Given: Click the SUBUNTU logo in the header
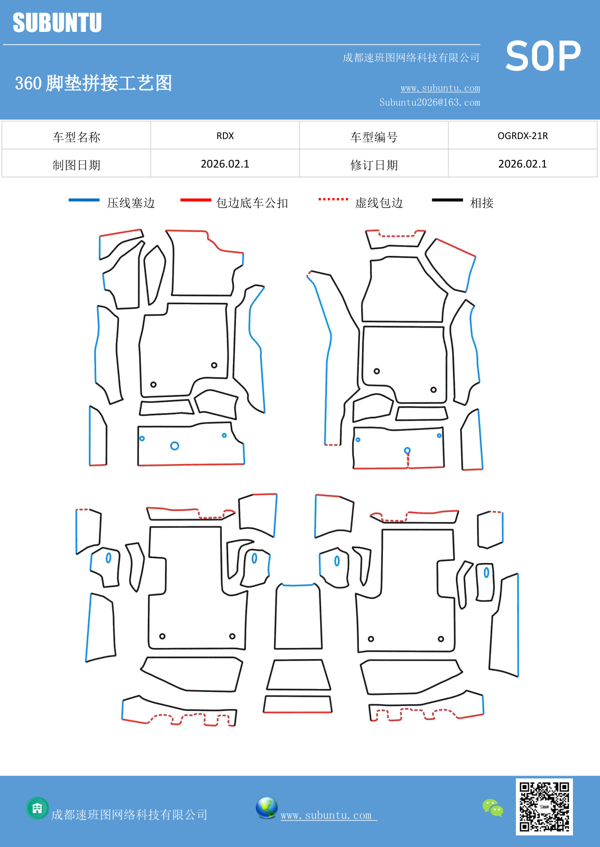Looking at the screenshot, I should (x=57, y=23).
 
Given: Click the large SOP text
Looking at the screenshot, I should (x=543, y=56).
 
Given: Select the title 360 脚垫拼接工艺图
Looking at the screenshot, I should (x=93, y=83).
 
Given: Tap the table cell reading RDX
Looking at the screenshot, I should (x=225, y=136).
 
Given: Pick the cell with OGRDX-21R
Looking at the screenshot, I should (x=522, y=136).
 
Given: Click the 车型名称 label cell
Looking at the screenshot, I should (x=76, y=137).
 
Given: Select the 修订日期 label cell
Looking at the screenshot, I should (x=374, y=165).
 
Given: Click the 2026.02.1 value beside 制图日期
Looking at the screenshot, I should (x=225, y=164).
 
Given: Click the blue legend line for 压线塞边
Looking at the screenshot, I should (x=84, y=200).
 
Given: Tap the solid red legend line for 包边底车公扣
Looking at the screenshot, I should (x=195, y=200).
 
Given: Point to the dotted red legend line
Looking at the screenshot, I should (x=333, y=199).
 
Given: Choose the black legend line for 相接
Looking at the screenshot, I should (x=447, y=200).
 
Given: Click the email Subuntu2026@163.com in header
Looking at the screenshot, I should (x=429, y=102).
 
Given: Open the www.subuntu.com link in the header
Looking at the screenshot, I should (x=440, y=88).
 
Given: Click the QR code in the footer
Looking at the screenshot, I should (x=544, y=806).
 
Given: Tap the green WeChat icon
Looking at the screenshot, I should (x=493, y=807).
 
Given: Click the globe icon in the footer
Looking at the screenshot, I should (x=266, y=808).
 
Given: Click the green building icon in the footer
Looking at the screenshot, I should (x=37, y=808).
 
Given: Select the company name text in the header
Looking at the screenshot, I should (x=410, y=58).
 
